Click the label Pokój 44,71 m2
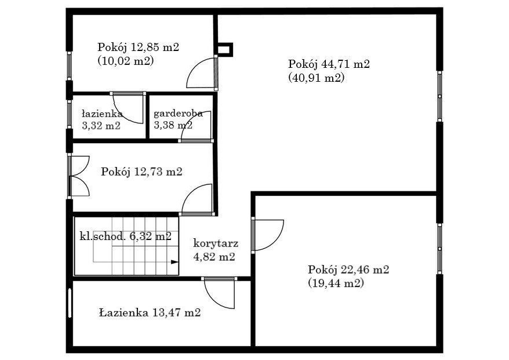point(329,64)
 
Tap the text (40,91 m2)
point(316,78)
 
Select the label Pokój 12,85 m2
point(139,48)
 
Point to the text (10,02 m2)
point(126,61)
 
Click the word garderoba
point(178,114)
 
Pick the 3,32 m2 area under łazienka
point(101,126)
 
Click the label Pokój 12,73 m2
point(141,172)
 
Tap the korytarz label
point(216,243)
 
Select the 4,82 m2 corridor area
point(214,257)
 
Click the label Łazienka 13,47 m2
point(150,312)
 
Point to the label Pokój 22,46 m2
point(348,270)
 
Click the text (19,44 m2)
point(336,283)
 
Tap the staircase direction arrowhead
point(175,262)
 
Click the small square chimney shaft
point(224,50)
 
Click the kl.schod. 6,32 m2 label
point(125,236)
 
